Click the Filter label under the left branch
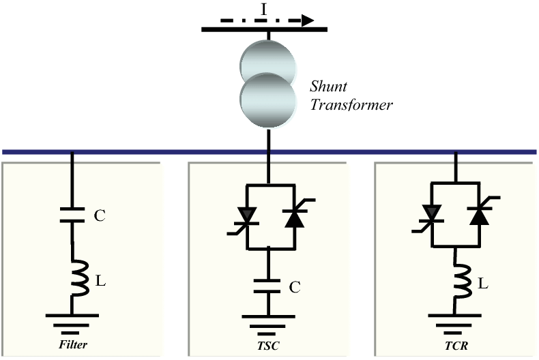[73, 345]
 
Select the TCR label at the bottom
[456, 345]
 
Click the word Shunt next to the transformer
[329, 87]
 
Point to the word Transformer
[351, 106]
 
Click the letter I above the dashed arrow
[263, 9]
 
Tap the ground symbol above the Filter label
[72, 319]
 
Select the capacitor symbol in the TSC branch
[269, 286]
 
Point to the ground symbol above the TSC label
[269, 319]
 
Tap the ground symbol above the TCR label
[456, 319]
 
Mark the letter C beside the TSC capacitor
[294, 288]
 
